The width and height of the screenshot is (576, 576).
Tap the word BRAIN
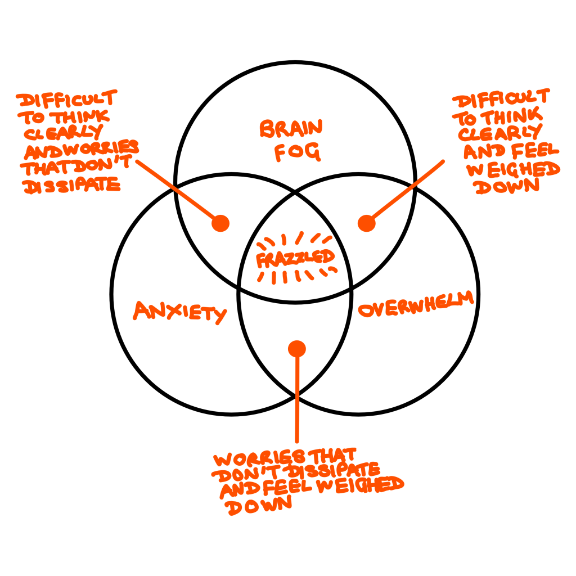[x=291, y=129]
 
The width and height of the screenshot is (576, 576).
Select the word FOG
[x=298, y=152]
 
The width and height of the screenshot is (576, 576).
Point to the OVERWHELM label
[x=416, y=305]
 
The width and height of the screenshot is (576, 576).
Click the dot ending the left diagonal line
[x=220, y=223]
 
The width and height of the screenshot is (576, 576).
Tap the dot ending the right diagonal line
[x=366, y=223]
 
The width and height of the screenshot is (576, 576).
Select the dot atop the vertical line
[x=297, y=349]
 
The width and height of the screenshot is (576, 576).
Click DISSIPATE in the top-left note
[x=71, y=185]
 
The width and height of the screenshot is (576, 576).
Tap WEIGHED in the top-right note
[x=514, y=170]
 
